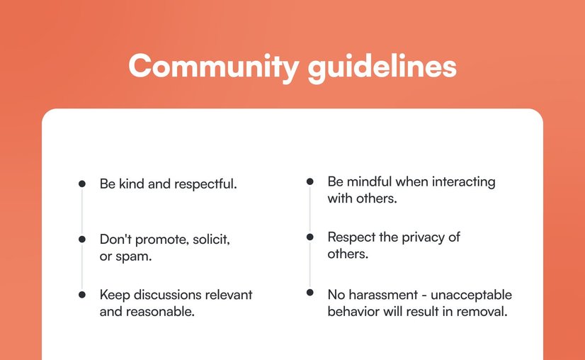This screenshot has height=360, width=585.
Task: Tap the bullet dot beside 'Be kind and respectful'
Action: click(x=82, y=184)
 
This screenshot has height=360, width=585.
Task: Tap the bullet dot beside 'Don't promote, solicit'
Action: click(x=82, y=240)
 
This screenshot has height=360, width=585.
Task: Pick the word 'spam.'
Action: click(x=136, y=256)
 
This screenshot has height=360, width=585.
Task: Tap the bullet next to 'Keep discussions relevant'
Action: click(x=82, y=294)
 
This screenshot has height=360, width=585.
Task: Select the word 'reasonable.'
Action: click(x=160, y=311)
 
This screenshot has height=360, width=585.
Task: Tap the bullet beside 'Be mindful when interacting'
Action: click(x=309, y=182)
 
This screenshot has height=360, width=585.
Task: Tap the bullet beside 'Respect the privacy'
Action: click(x=309, y=237)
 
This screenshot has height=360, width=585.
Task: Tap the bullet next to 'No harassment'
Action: click(x=309, y=293)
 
